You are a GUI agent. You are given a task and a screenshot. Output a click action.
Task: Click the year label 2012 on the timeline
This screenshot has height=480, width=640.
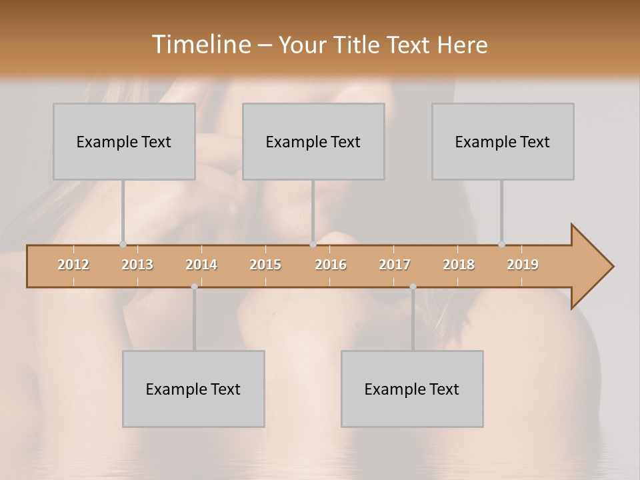(73, 265)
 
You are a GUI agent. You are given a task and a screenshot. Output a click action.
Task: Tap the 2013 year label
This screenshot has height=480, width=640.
(137, 265)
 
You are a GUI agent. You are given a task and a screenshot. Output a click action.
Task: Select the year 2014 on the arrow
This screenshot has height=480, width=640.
(201, 265)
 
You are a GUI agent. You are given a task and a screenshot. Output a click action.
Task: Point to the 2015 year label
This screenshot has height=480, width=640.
(265, 265)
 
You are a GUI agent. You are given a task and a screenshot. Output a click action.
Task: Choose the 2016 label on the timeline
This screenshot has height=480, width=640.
(331, 265)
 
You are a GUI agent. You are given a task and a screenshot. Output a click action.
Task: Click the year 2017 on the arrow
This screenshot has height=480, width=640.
(395, 265)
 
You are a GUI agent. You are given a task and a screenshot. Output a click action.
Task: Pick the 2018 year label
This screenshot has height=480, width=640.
(459, 265)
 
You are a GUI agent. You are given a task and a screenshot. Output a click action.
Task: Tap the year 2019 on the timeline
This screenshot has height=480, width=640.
(523, 265)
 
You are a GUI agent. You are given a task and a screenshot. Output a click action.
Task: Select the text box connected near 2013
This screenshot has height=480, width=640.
(124, 141)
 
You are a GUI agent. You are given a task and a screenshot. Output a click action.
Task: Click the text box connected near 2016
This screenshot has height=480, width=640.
(313, 141)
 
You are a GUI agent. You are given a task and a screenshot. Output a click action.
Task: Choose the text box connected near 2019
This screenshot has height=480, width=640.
(503, 141)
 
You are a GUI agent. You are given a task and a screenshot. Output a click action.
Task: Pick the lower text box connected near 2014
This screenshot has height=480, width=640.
(193, 389)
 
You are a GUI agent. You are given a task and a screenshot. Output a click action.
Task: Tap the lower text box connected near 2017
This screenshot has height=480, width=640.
(412, 389)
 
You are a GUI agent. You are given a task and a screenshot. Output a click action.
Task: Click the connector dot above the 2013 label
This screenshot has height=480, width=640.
(123, 245)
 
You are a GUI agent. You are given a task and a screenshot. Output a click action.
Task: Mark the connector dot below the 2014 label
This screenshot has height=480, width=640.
(194, 287)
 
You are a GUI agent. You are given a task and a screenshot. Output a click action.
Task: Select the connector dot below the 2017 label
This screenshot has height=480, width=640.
(413, 287)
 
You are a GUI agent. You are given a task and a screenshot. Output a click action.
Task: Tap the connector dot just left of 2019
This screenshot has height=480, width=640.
(501, 245)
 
